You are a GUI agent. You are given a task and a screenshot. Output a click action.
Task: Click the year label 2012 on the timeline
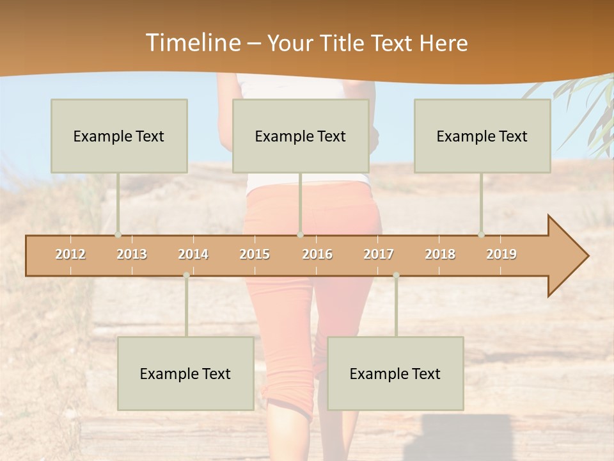[x=70, y=254]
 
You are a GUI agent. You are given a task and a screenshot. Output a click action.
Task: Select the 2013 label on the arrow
[x=132, y=254]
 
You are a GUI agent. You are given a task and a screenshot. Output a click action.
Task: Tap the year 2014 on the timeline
[x=193, y=254]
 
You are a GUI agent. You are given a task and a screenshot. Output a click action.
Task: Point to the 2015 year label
[x=255, y=254]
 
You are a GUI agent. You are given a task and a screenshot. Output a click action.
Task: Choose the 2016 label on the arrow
[x=317, y=254]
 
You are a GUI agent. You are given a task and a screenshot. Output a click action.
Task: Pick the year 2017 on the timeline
[x=379, y=254]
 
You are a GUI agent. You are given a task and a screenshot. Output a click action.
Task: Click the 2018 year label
[x=440, y=254]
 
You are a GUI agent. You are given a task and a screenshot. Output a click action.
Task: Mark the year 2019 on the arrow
[x=501, y=254]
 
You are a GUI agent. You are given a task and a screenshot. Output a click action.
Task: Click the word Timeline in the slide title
[x=193, y=43]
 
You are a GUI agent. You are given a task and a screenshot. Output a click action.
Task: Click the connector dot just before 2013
[x=118, y=235]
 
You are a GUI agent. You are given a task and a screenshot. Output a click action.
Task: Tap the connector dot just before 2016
[x=300, y=235]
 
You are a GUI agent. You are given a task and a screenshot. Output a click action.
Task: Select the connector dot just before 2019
[x=481, y=235]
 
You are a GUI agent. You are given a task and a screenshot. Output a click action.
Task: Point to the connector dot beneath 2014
[x=186, y=275]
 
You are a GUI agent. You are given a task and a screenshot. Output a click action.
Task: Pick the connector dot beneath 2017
[x=396, y=275]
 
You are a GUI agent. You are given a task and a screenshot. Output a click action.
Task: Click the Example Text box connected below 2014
[x=185, y=373]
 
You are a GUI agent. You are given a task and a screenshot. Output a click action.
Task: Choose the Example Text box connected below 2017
[x=395, y=373]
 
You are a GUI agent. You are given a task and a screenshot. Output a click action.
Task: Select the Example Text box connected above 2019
[x=482, y=136]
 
